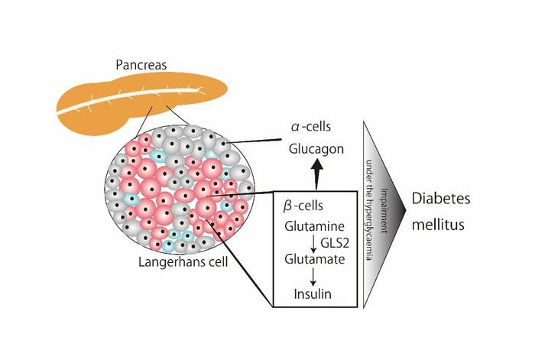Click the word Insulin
tap(312, 293)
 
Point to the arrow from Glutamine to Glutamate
tap(312, 243)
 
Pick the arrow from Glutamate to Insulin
tap(312, 276)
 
